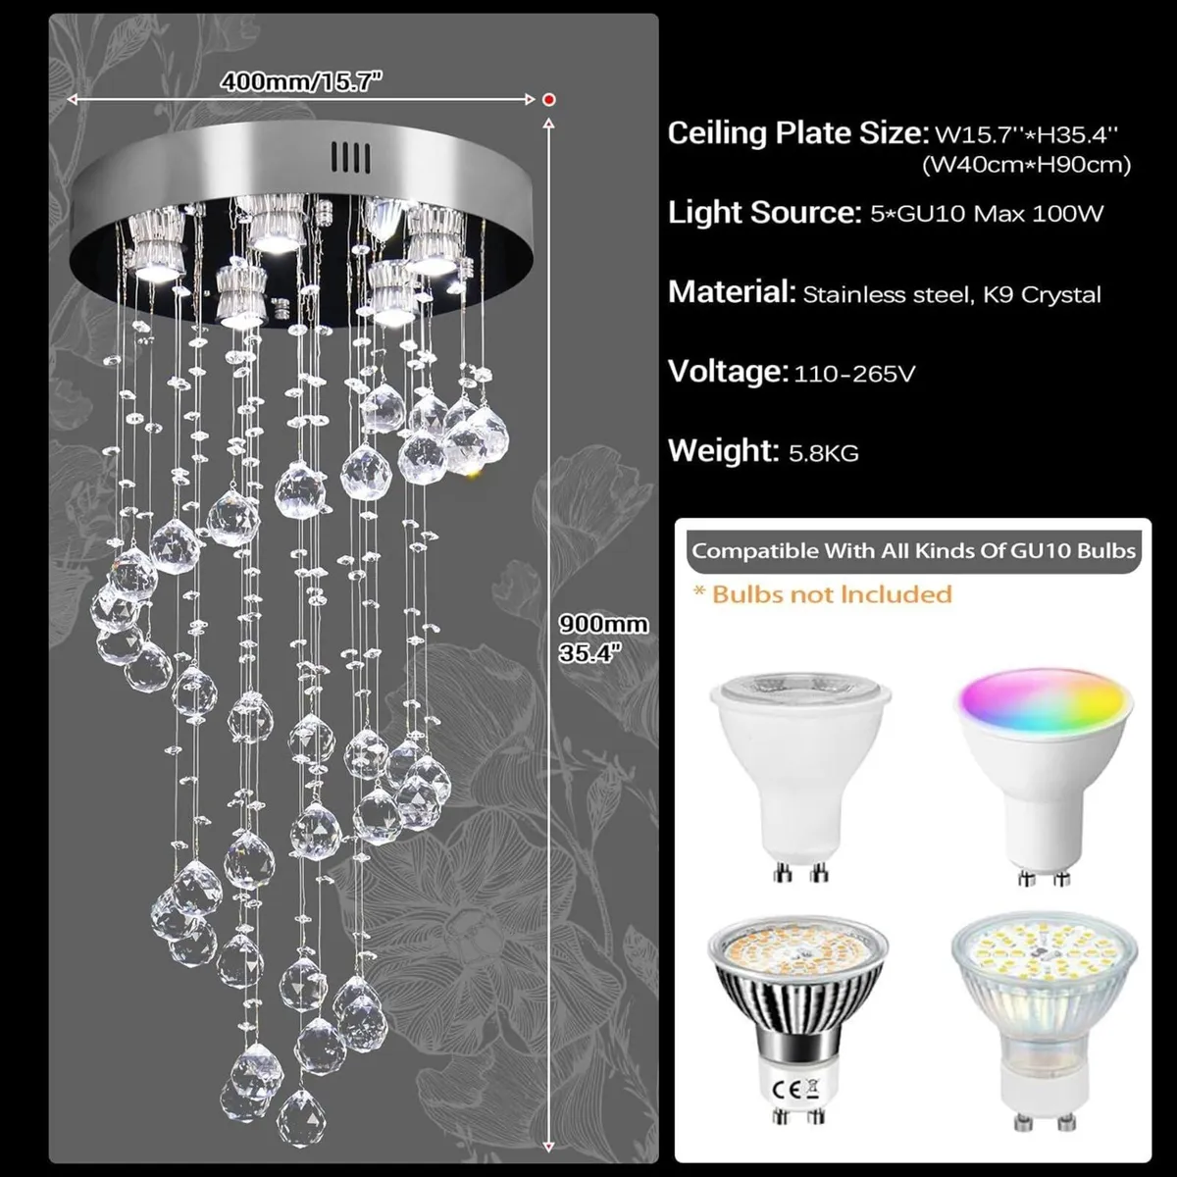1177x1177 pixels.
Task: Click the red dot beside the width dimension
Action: [x=549, y=99]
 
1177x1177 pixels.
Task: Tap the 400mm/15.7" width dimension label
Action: [x=300, y=80]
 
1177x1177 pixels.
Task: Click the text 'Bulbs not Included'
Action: [x=832, y=594]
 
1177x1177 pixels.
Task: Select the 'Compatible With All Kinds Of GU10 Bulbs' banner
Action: [x=913, y=550]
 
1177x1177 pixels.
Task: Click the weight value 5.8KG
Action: [x=824, y=453]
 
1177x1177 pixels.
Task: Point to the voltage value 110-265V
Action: [x=854, y=374]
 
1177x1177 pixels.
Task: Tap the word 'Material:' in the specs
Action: [x=731, y=291]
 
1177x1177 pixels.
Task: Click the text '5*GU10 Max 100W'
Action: [x=987, y=214]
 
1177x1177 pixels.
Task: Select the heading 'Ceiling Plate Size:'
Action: [x=797, y=133]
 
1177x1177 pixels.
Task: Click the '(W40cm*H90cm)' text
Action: [x=1026, y=165]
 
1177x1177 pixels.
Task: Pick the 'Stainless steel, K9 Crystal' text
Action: [x=951, y=294]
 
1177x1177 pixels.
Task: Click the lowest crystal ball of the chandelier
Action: [x=301, y=1115]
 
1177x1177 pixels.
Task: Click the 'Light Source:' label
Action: [x=764, y=213]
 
